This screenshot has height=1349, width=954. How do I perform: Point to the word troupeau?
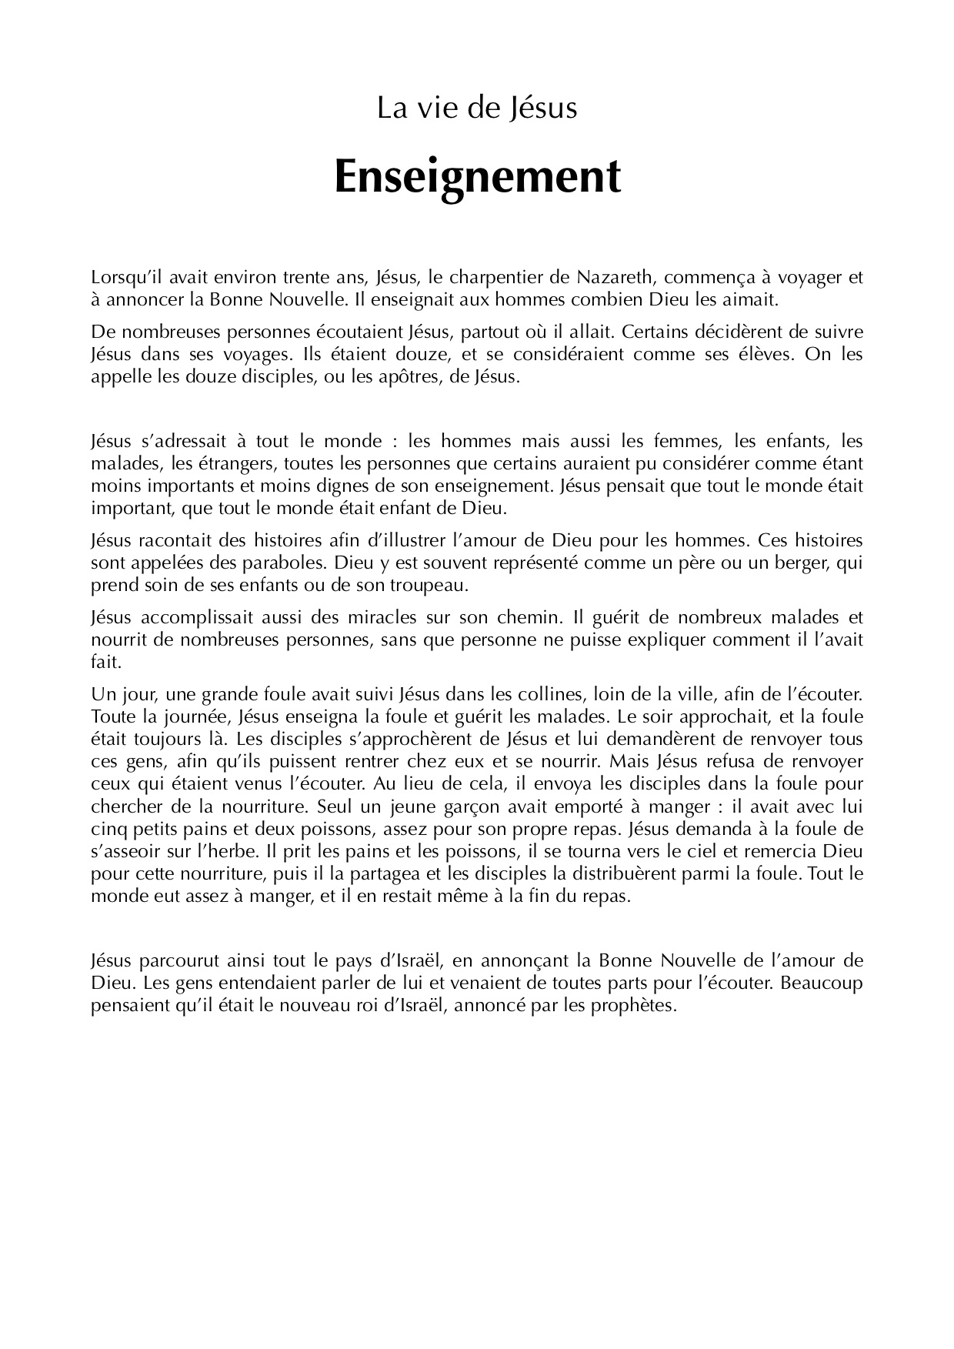click(x=427, y=586)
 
